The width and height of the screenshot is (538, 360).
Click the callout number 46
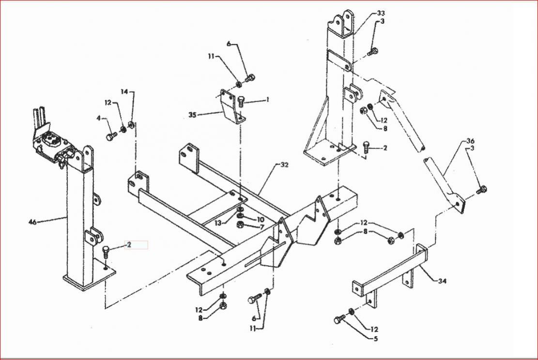click(x=32, y=222)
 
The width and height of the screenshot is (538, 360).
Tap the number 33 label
click(x=381, y=13)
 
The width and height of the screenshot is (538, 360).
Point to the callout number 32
click(x=284, y=165)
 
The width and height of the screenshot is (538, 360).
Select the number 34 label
click(x=442, y=281)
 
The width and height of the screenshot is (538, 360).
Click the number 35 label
click(x=192, y=115)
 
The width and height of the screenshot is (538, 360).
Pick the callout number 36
click(x=470, y=141)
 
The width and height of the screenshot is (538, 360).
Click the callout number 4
click(x=99, y=118)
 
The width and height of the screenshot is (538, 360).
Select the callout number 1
click(x=268, y=100)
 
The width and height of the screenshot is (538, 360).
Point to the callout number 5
click(x=376, y=339)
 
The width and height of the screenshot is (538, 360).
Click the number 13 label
click(x=218, y=223)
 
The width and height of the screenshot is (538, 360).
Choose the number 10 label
click(x=260, y=219)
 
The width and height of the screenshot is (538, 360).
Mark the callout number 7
click(x=262, y=227)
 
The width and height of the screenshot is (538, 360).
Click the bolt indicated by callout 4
click(x=110, y=137)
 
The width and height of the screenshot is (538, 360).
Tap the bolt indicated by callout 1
click(x=241, y=102)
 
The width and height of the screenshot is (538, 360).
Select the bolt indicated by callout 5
click(x=339, y=319)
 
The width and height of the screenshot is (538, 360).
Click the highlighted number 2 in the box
click(x=129, y=245)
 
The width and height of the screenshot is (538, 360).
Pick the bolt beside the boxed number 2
click(x=106, y=252)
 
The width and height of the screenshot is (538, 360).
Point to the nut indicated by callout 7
click(x=241, y=225)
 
